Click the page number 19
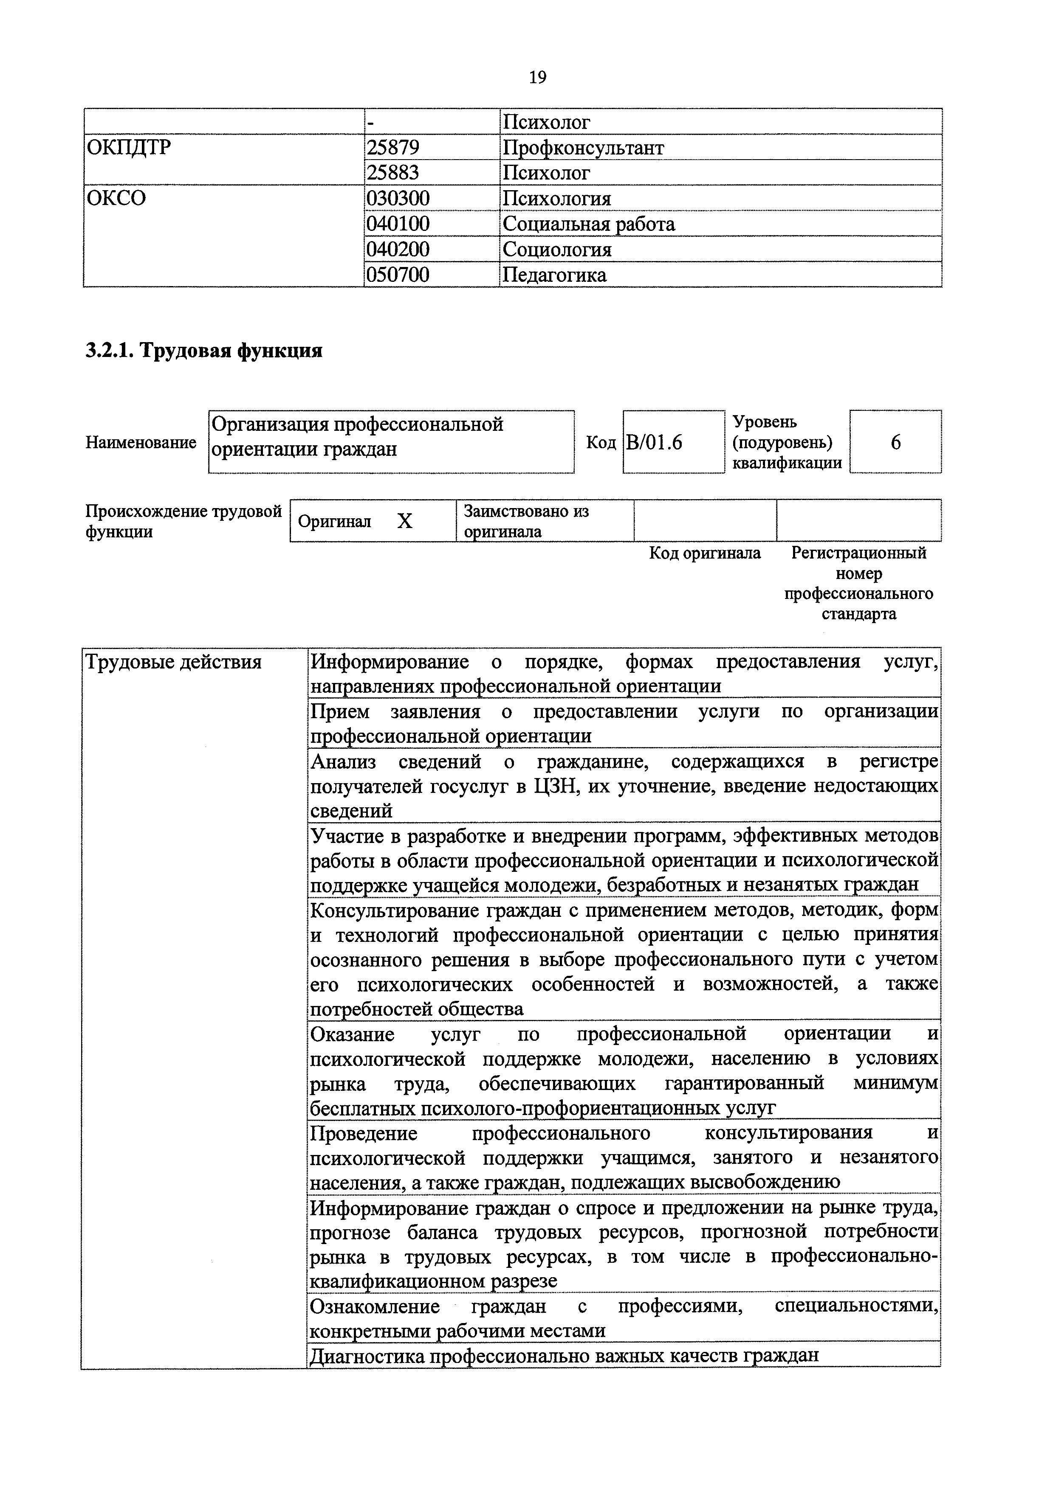537,78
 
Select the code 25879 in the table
393,148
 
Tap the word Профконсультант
583,148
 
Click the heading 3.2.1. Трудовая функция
204,351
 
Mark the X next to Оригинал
405,521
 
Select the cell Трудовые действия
173,662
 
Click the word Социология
557,250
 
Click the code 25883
393,173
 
